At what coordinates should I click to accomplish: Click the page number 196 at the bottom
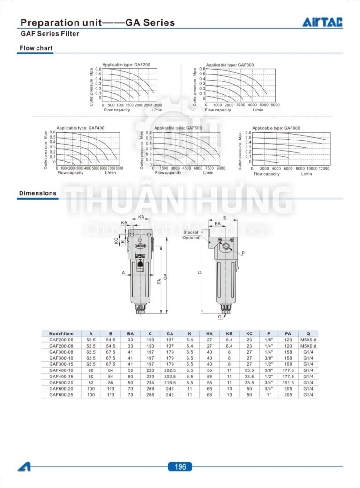(x=180, y=466)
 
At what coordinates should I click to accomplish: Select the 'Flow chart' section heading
(x=36, y=48)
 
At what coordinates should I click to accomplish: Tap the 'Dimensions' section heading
(x=37, y=193)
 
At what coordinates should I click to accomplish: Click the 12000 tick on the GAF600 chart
(x=324, y=168)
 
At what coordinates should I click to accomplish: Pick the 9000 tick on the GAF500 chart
(x=221, y=168)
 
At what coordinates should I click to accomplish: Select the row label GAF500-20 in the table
(x=61, y=383)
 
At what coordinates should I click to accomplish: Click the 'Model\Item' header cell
(x=61, y=333)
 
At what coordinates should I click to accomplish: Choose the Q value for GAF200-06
(x=308, y=340)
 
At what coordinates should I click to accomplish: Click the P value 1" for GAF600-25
(x=269, y=395)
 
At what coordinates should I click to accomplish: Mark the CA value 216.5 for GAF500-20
(x=170, y=383)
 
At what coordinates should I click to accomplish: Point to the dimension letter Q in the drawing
(x=219, y=317)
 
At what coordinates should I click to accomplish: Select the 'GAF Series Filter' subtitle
(x=50, y=34)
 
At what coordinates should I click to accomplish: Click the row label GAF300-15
(x=61, y=364)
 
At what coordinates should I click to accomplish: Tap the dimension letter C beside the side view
(x=199, y=272)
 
